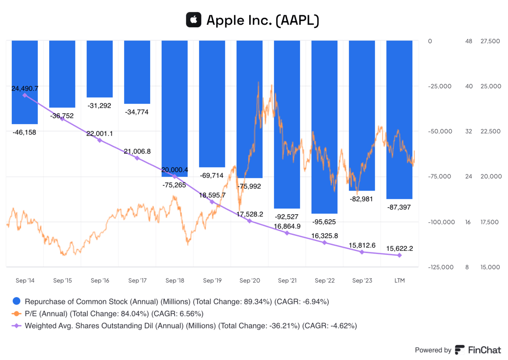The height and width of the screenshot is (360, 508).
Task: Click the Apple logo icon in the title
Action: [x=193, y=20]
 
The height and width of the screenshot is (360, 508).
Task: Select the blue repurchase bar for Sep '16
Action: [x=99, y=69]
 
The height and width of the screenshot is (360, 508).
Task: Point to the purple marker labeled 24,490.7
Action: [x=25, y=95]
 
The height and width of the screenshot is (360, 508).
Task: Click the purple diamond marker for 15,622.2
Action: [x=399, y=255]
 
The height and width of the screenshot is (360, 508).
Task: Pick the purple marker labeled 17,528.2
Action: [x=249, y=221]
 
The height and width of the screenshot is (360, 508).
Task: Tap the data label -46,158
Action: [x=24, y=132]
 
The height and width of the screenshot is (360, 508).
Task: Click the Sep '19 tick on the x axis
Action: [x=212, y=281]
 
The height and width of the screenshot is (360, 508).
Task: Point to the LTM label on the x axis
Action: [x=399, y=281]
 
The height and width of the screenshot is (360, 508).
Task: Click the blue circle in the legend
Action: [x=17, y=302]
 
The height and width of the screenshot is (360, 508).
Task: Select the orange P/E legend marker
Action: [x=17, y=314]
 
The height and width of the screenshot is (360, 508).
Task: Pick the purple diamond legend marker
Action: [x=17, y=326]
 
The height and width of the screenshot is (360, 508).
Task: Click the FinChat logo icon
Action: [x=460, y=350]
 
